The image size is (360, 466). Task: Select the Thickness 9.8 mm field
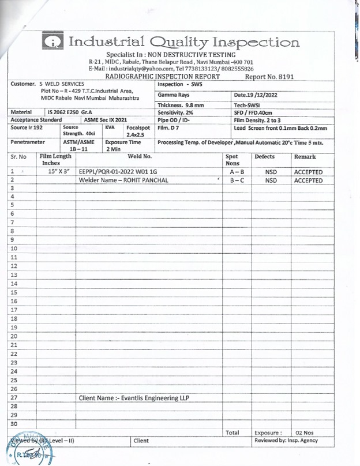click(181, 105)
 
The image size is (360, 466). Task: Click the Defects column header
click(266, 156)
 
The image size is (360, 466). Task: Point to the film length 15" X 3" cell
click(56, 171)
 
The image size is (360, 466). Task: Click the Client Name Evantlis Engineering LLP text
click(134, 398)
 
